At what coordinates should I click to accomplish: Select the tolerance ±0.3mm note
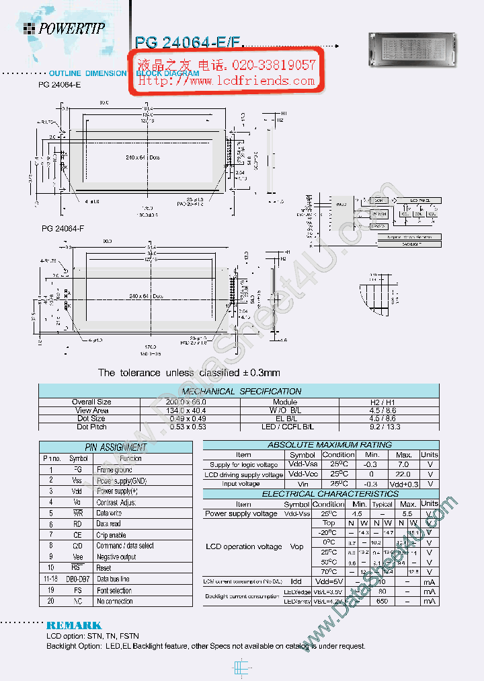tap(189, 372)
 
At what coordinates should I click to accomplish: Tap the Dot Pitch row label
tap(91, 427)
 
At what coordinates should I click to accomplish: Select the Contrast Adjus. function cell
tap(116, 502)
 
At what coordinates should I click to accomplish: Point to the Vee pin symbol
tap(77, 557)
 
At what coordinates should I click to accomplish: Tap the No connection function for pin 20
tap(115, 601)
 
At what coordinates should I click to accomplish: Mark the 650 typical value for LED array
tap(382, 601)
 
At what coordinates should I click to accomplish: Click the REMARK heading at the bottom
tap(74, 625)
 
